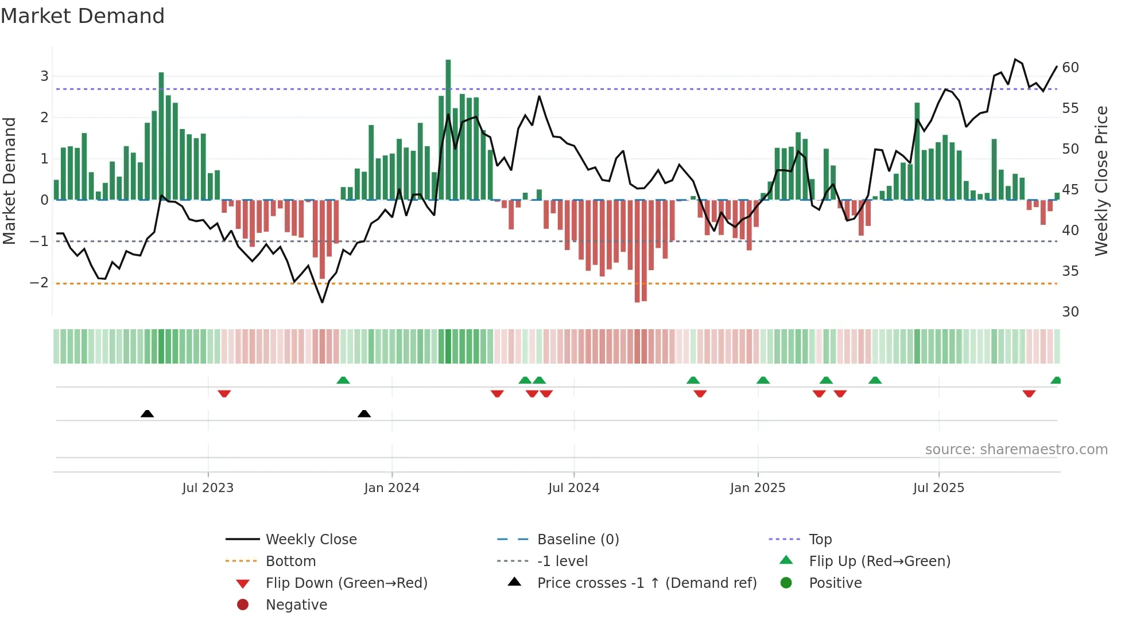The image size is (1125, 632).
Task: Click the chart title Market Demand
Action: click(x=83, y=16)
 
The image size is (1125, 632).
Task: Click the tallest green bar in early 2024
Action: click(x=448, y=130)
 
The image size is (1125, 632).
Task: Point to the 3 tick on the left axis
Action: click(x=44, y=76)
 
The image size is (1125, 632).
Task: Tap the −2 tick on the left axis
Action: click(x=40, y=283)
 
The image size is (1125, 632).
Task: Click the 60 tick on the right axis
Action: click(x=1070, y=68)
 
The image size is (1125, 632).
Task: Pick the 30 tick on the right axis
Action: click(x=1070, y=312)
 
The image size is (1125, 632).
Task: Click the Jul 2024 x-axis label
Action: click(x=573, y=488)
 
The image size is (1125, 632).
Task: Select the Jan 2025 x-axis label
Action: click(x=758, y=488)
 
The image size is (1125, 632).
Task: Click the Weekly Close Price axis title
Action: click(x=1101, y=181)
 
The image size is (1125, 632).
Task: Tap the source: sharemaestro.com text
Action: click(x=1016, y=450)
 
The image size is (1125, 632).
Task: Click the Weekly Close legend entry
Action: click(x=311, y=540)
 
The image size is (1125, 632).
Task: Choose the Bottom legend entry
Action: click(x=290, y=561)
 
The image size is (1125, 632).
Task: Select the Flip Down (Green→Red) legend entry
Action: click(x=346, y=583)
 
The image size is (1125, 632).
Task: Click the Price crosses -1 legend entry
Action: click(x=646, y=583)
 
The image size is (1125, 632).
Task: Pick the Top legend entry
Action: click(x=820, y=540)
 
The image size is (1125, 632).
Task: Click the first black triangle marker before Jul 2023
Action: click(x=148, y=413)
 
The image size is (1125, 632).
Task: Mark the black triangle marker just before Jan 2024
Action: click(x=364, y=413)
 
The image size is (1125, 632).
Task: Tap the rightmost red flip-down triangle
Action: click(x=1029, y=393)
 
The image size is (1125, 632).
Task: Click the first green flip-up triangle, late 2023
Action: click(x=343, y=380)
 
